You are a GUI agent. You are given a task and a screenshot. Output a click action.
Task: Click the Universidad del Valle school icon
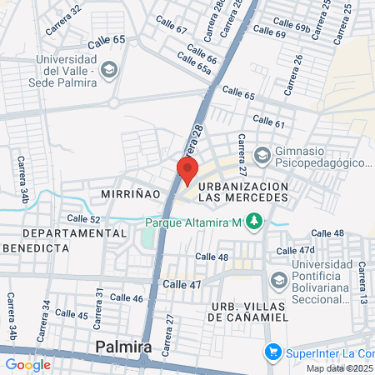coord(107,71)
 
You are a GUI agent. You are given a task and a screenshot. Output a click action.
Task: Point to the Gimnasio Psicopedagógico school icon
coord(262,155)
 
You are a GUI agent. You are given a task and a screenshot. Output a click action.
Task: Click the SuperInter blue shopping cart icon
coord(271,352)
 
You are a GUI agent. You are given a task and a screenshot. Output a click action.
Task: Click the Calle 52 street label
coord(83,219)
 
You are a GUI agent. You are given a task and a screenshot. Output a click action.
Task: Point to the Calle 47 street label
coord(182,285)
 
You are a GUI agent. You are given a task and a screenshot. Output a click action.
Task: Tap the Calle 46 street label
coord(127,297)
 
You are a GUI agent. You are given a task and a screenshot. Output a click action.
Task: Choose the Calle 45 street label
coord(72,315)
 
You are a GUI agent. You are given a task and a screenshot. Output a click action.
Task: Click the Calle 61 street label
coord(268,123)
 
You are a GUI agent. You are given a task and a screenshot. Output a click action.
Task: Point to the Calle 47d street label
coord(296,250)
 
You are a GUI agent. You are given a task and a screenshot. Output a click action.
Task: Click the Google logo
coord(27,364)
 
